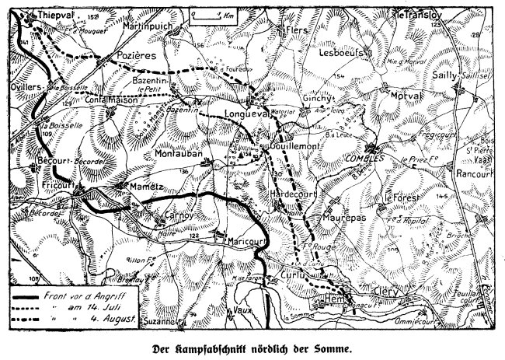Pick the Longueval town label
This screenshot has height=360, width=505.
point(246,111)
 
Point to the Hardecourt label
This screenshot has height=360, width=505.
point(291,190)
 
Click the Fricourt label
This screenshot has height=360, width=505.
point(57,185)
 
